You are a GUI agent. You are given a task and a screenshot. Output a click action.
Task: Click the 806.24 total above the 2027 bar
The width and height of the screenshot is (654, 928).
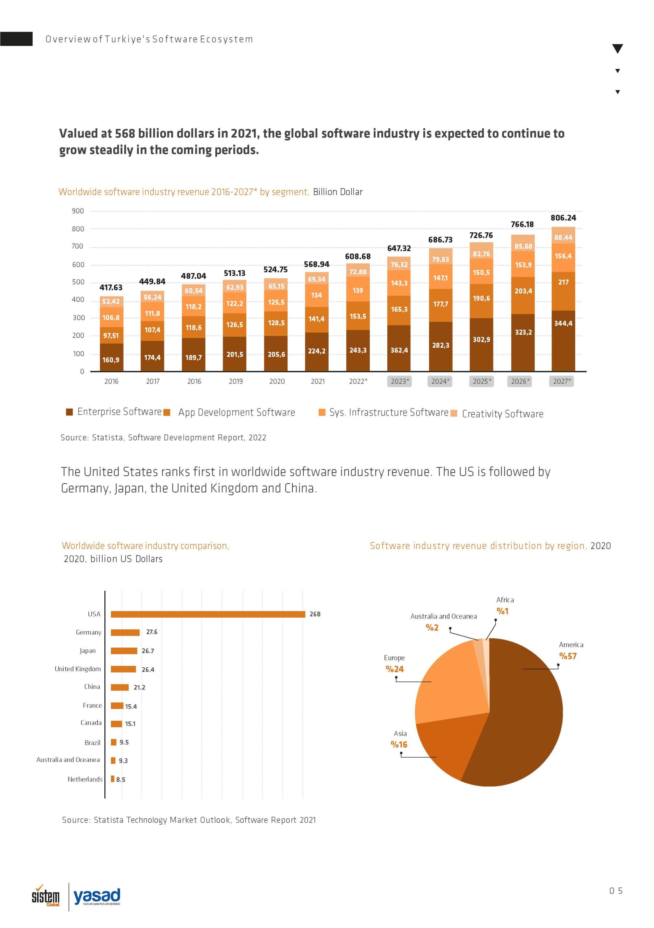coord(563,218)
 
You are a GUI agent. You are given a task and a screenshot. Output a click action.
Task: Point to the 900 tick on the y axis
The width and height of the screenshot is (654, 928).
coord(78,211)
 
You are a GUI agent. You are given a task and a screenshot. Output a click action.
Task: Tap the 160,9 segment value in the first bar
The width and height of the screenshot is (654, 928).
coord(111,360)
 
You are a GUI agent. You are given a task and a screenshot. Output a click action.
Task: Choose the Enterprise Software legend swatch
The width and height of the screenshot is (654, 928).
coord(70,412)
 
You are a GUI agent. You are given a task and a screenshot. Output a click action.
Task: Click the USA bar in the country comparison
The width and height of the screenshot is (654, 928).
coord(208,614)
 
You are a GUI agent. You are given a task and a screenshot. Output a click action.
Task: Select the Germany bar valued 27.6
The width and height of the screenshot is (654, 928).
coord(125,633)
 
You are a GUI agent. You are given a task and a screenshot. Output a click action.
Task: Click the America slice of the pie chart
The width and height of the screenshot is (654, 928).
coord(521,711)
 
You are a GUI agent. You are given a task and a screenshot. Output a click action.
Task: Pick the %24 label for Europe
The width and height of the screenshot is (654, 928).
coord(395,669)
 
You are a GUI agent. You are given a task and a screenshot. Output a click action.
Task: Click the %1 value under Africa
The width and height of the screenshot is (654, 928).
coord(503,611)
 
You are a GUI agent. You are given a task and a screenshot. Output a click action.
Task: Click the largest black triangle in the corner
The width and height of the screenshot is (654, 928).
coord(618,49)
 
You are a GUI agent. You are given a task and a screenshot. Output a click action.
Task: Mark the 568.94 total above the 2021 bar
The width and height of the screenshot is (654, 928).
coord(317,264)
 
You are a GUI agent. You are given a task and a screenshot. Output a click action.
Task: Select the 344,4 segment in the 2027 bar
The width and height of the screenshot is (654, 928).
coord(563,323)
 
